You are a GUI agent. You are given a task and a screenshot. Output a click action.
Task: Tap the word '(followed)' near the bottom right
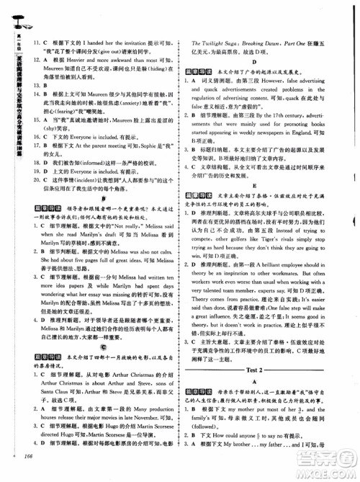coord(213,439)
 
